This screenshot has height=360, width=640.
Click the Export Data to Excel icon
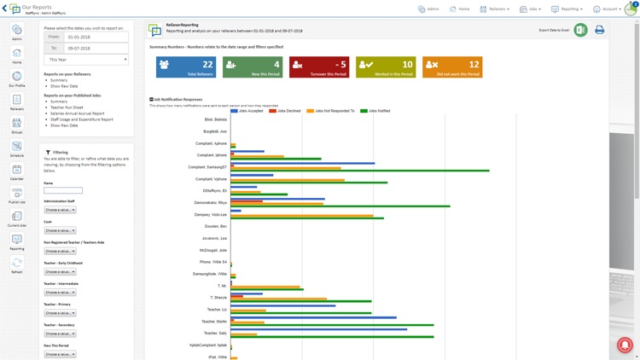(580, 30)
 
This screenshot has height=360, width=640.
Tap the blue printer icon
(599, 30)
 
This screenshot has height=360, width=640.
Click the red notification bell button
(625, 345)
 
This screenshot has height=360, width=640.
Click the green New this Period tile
(253, 67)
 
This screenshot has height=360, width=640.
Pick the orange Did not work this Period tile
(452, 67)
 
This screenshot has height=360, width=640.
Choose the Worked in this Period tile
(386, 67)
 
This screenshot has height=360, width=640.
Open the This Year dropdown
(86, 60)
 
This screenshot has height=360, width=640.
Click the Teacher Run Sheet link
(67, 107)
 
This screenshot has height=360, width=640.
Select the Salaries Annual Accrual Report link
(77, 113)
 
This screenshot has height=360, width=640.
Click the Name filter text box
(63, 190)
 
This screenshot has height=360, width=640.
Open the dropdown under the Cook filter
(60, 230)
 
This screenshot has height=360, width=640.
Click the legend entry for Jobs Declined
(286, 111)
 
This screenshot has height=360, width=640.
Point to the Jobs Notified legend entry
(375, 111)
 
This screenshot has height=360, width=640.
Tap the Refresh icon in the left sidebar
(16, 265)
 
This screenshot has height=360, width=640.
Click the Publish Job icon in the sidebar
(16, 195)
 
